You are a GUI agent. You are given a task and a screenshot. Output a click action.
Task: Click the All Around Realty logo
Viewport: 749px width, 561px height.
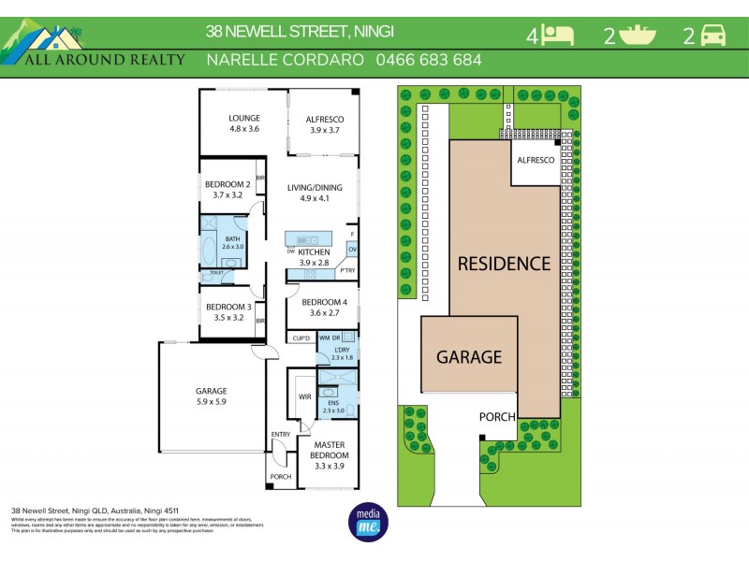tap(94, 47)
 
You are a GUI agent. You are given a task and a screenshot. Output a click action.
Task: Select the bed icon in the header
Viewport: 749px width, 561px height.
tap(559, 36)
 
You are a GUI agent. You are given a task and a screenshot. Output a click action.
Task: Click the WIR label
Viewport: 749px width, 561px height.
tap(304, 397)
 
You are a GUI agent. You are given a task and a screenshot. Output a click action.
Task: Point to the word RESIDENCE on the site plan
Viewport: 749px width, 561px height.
tap(504, 264)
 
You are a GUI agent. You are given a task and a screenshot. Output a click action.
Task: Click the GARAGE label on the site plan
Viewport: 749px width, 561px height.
tap(469, 356)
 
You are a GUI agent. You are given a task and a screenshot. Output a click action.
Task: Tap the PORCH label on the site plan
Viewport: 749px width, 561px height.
tap(496, 417)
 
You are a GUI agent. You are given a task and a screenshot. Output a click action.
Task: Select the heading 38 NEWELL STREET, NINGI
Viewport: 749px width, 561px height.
tap(300, 31)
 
